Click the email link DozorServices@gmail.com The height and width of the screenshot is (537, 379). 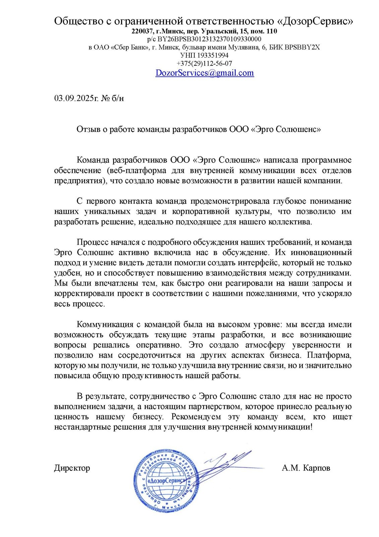point(204,73)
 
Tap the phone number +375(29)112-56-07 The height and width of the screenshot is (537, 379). point(204,63)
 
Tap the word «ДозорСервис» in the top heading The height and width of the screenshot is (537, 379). point(315,21)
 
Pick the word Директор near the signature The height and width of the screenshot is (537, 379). point(72,468)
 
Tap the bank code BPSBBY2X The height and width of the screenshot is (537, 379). point(302,47)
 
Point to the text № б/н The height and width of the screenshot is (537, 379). point(113,98)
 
